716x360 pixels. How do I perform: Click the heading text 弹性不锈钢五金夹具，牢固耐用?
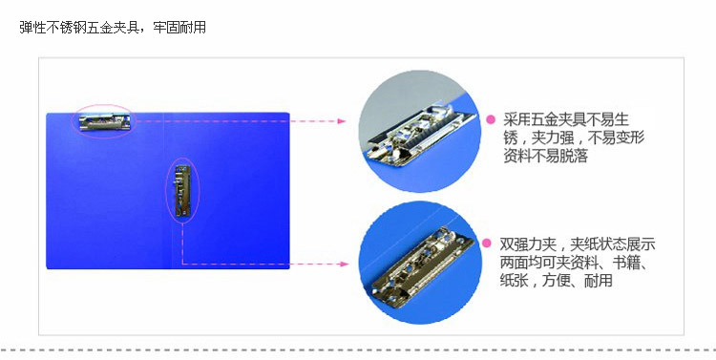point(113,28)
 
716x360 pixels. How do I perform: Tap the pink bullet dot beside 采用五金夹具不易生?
point(491,119)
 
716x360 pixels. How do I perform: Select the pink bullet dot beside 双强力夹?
point(487,244)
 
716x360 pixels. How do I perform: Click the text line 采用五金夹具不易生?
point(566,119)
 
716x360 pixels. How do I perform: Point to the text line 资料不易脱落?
point(546,156)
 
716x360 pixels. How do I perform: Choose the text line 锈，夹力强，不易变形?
point(574,138)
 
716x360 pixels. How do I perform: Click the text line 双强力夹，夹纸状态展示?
point(578,244)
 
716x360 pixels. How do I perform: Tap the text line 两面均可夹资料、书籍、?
point(575,263)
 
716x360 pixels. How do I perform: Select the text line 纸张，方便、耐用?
point(556,281)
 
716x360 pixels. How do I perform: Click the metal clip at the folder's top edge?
point(105,122)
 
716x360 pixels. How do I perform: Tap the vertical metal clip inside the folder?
point(182,191)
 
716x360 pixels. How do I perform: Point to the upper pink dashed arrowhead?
point(341,121)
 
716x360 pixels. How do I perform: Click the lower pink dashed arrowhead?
point(344,264)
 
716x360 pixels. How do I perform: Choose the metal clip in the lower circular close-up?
point(422,265)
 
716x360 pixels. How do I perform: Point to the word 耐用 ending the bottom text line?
point(599,281)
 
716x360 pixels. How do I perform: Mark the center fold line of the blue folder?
point(164,191)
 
